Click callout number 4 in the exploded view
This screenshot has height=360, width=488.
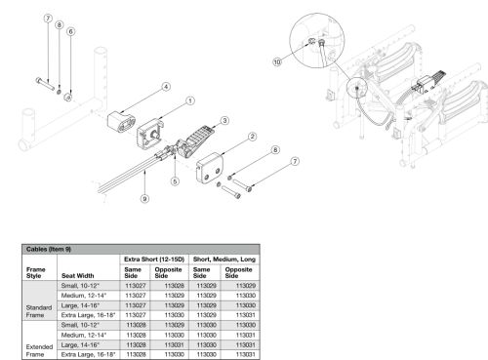pyautogui.click(x=165, y=87)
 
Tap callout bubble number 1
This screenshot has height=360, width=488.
pyautogui.click(x=189, y=100)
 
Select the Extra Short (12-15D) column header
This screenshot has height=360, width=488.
pyautogui.click(x=152, y=259)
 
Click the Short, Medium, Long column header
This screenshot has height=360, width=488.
pyautogui.click(x=224, y=259)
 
